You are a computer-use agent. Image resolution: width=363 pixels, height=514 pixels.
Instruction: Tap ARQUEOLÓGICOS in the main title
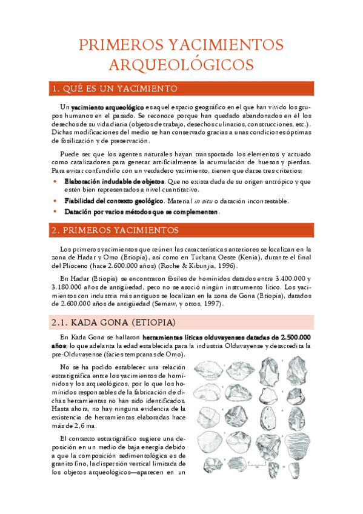click(181, 64)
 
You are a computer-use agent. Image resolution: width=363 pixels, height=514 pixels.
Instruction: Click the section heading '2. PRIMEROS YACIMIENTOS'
click(115, 230)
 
